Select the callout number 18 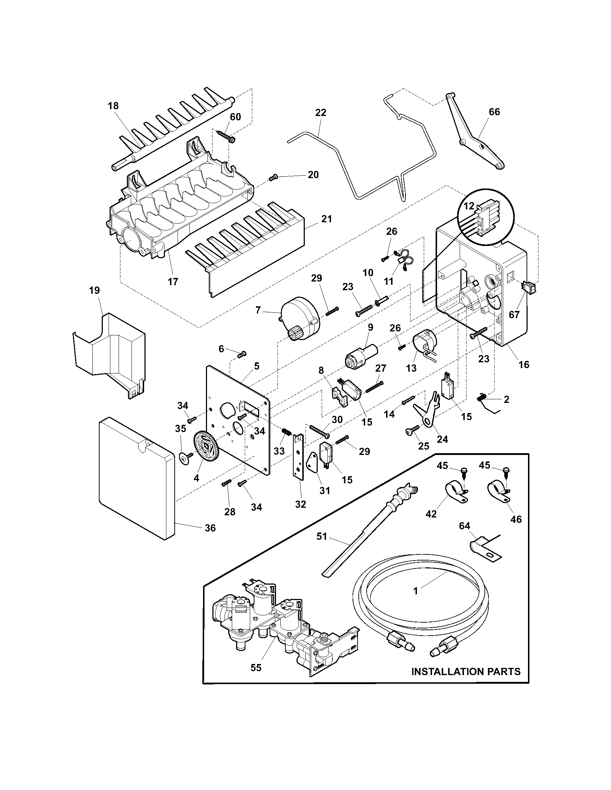tap(113, 106)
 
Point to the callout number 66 tap(494, 112)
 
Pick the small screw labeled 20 tap(274, 177)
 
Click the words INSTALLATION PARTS tap(466, 672)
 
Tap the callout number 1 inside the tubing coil tap(415, 591)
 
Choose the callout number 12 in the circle tap(469, 206)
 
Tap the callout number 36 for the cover tap(210, 529)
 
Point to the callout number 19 tap(95, 291)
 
